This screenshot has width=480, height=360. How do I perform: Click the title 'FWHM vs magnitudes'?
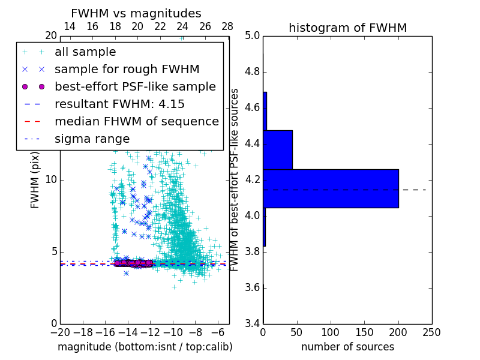pos(136,13)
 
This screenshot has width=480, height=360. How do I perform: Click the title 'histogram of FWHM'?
pos(347,28)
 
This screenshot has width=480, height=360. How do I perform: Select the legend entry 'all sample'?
pos(85,52)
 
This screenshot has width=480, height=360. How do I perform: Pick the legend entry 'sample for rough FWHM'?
pos(127,69)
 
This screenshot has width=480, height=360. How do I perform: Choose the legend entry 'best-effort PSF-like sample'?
pos(135,86)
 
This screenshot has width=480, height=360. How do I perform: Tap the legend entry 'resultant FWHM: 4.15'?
pos(119,104)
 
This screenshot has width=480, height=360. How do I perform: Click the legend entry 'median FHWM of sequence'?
pos(136,121)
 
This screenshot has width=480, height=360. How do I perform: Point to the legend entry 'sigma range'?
pos(92,139)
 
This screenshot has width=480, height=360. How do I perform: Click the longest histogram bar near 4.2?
pos(331,188)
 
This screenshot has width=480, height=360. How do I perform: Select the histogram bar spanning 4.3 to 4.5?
pos(278,149)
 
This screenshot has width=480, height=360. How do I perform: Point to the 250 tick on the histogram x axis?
pos(431,332)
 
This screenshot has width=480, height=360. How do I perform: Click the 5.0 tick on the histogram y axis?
pos(253,36)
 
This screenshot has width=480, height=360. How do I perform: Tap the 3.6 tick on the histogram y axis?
pos(253,287)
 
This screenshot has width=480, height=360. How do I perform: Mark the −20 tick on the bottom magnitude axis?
pos(60,332)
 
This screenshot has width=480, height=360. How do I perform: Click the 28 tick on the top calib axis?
pos(227,26)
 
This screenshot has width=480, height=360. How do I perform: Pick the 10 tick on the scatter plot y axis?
pos(50,180)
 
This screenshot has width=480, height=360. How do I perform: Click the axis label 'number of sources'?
pos(347,347)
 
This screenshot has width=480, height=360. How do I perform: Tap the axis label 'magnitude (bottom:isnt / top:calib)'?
pos(145,347)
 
